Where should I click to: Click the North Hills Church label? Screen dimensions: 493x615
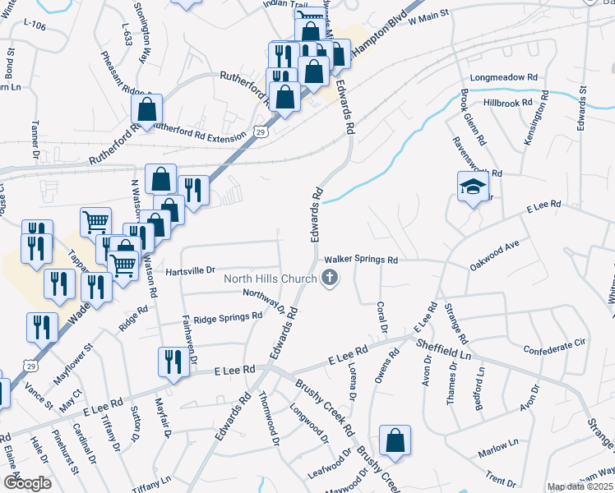tap(271, 279)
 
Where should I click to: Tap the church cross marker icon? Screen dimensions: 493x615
tap(329, 279)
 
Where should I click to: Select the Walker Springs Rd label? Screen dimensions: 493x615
tap(363, 260)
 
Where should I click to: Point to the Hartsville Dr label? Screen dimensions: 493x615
tap(190, 270)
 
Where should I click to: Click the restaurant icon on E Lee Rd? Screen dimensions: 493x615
tap(172, 362)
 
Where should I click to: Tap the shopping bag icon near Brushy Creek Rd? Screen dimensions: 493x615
tap(395, 440)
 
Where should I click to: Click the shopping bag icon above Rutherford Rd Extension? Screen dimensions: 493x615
tap(146, 108)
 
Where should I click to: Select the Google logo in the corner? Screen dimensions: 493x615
tap(27, 483)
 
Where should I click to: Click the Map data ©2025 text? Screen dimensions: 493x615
tap(580, 486)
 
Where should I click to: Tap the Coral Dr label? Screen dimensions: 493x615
tap(382, 316)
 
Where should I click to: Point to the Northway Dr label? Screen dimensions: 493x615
tap(269, 302)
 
